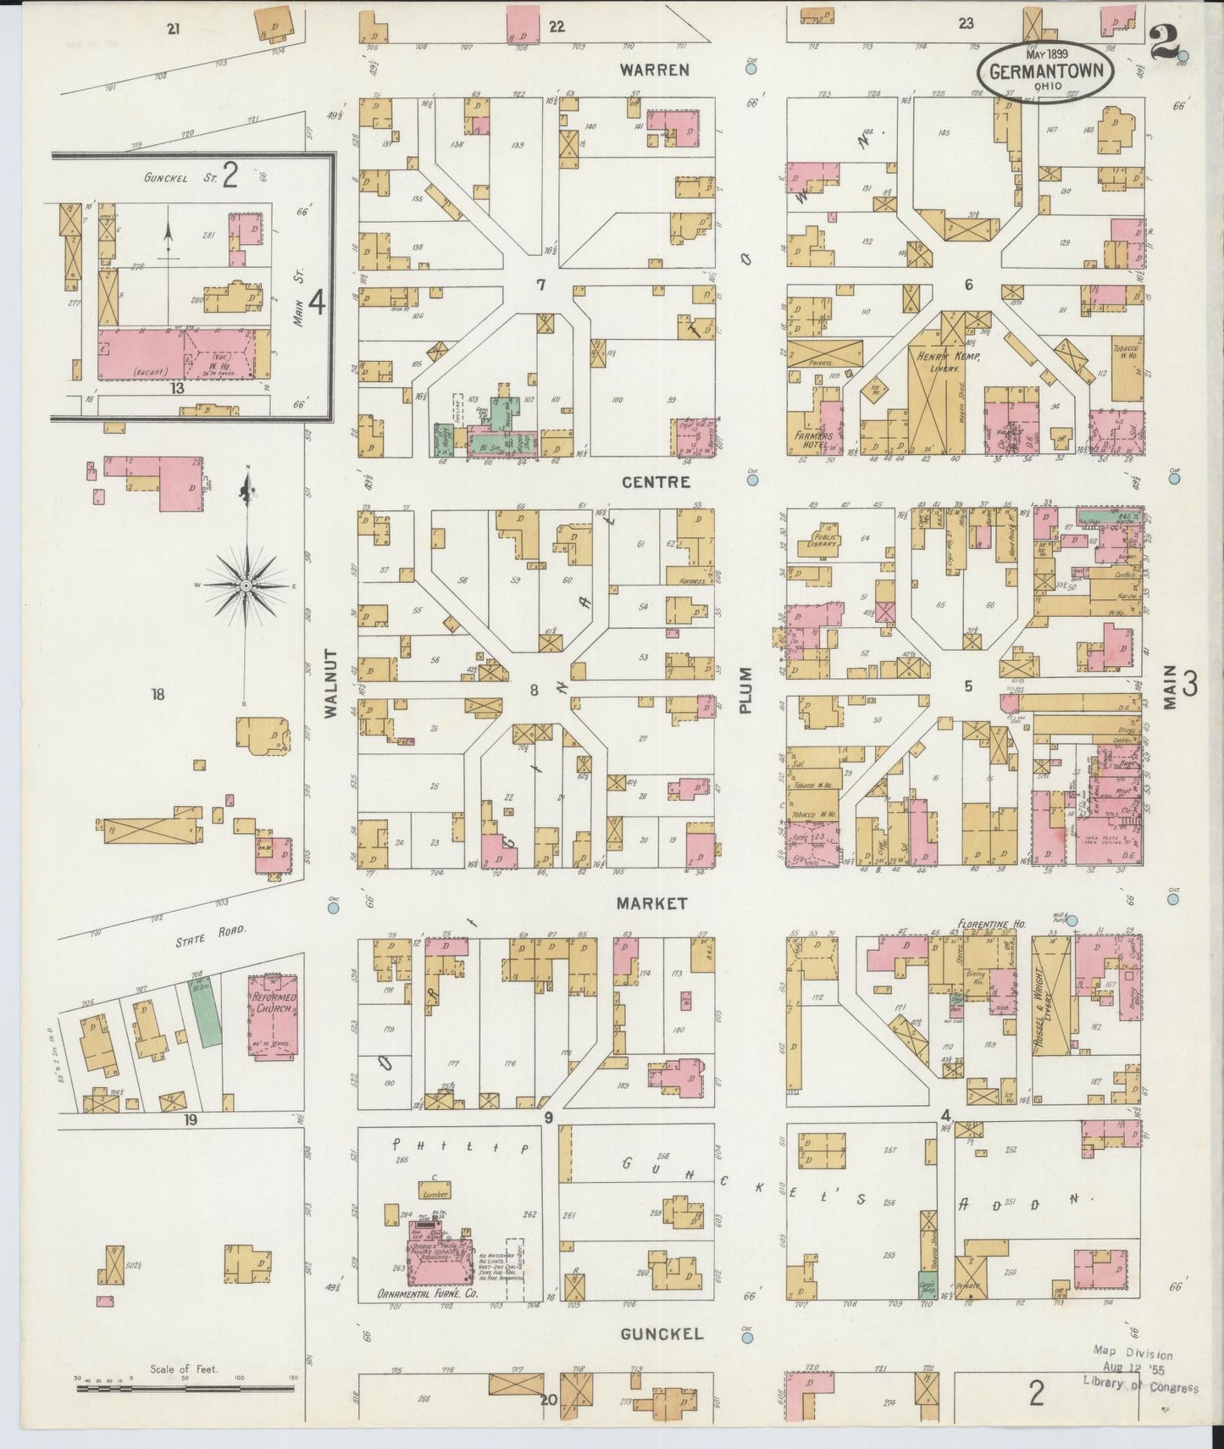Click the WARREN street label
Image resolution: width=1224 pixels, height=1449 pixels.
pyautogui.click(x=654, y=69)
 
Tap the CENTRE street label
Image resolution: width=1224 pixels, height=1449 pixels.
pyautogui.click(x=656, y=482)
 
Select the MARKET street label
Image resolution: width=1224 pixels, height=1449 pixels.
pyautogui.click(x=651, y=903)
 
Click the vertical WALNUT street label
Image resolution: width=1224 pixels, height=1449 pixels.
pyautogui.click(x=330, y=684)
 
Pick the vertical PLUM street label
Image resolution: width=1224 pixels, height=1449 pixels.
pyautogui.click(x=745, y=689)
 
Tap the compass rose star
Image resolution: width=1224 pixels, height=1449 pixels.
pyautogui.click(x=246, y=586)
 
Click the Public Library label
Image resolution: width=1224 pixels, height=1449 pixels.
pyautogui.click(x=824, y=540)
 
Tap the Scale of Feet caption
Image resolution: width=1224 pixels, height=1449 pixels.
pyautogui.click(x=184, y=1368)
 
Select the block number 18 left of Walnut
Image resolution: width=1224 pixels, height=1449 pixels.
pyautogui.click(x=158, y=695)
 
